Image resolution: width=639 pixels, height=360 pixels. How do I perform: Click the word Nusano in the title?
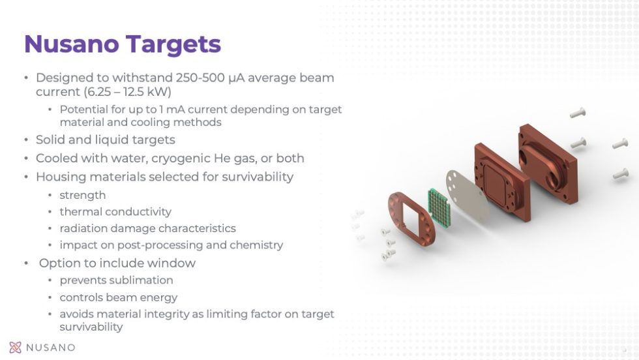(72, 44)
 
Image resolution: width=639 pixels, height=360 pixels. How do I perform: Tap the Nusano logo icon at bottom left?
(16, 347)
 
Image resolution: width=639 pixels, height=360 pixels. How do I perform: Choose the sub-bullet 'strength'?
(82, 195)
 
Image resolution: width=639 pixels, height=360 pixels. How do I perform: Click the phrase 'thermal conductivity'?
(115, 212)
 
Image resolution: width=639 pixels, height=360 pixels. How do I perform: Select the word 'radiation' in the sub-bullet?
(83, 229)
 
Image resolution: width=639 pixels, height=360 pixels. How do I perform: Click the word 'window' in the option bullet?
(171, 263)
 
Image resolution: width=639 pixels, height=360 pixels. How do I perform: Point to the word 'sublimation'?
(142, 280)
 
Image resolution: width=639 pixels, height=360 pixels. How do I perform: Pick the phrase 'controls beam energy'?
(118, 297)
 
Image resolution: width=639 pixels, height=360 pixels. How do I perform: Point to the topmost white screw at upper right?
(577, 113)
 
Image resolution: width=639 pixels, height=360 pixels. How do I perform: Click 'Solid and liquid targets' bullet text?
(105, 140)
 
